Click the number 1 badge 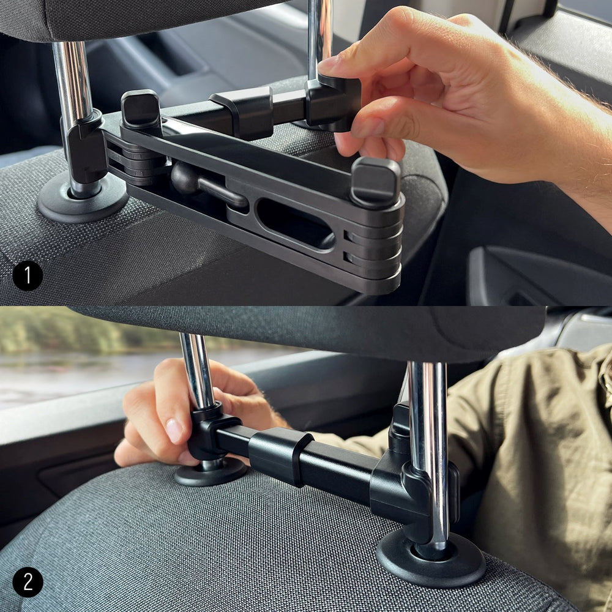pos(28,275)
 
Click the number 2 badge pos(28,582)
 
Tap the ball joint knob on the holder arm pos(184,177)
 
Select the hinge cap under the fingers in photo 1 pos(375,181)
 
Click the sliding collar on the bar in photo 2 pos(280,456)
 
